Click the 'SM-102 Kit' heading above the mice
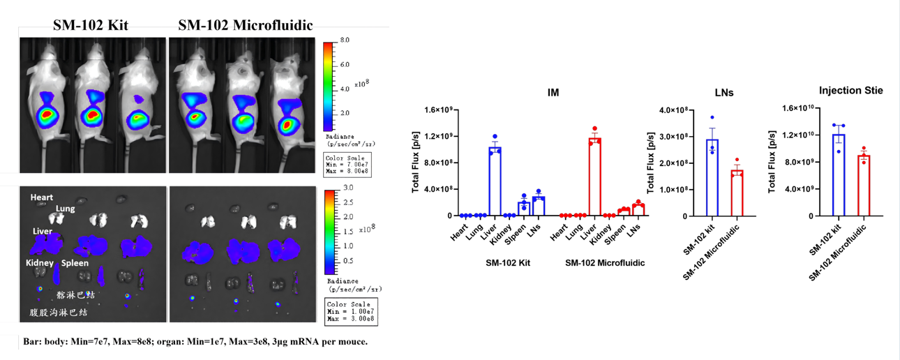91,26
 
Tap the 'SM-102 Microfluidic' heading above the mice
246,26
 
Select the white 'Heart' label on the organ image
42,197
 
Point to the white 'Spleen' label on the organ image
75,263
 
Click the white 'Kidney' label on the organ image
40,263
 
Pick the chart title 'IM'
553,92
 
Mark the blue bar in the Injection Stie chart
838,175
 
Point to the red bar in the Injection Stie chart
864,186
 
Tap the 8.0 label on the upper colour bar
345,41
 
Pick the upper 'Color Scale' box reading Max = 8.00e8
347,163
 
